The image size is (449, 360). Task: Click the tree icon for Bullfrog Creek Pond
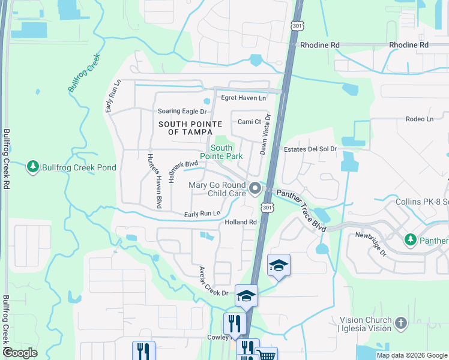34,167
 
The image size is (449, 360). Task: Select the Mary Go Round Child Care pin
255,190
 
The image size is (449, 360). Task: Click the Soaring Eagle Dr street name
181,111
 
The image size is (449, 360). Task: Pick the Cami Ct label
249,122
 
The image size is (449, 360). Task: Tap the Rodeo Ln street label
419,119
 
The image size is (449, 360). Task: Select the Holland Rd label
241,222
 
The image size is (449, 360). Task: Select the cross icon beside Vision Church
401,324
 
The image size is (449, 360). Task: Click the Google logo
20,353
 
